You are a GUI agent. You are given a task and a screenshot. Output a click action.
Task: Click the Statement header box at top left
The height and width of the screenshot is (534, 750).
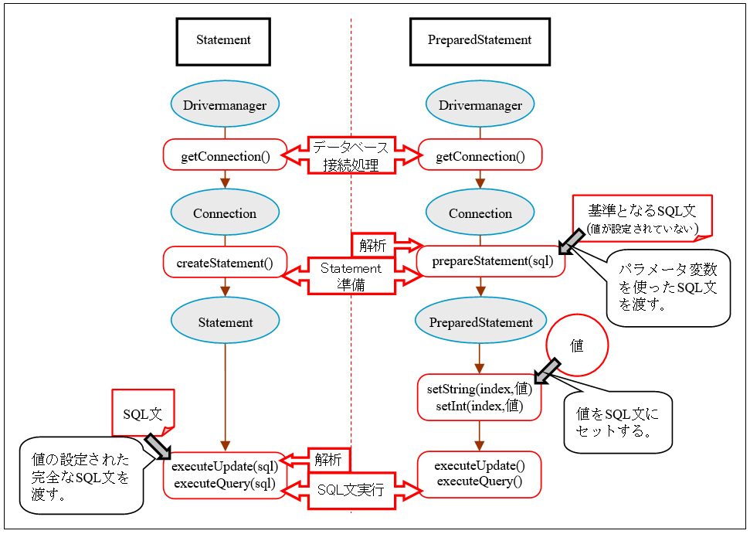[223, 40]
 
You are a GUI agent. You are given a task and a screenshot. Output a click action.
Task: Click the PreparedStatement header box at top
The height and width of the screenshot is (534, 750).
[480, 40]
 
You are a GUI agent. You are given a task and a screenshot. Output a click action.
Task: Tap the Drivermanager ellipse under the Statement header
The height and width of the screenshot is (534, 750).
[224, 105]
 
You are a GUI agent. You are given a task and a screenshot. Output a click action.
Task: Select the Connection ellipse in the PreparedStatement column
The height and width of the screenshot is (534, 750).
[480, 213]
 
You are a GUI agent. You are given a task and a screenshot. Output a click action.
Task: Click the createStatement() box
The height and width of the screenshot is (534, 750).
[225, 263]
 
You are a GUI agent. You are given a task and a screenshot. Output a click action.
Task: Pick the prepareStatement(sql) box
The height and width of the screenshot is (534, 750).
[490, 261]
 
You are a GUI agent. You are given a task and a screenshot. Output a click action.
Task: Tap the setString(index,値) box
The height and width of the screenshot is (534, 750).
[480, 396]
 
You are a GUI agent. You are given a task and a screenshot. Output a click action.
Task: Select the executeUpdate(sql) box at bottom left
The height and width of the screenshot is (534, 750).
[225, 474]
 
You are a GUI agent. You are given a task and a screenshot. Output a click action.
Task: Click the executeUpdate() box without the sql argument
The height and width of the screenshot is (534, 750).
[480, 474]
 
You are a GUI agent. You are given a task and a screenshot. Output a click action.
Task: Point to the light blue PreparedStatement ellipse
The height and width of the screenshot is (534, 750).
[480, 322]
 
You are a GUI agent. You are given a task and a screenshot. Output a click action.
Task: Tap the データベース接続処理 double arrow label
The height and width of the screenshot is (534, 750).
[351, 155]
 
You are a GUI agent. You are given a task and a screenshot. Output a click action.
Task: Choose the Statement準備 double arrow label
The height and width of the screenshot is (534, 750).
[351, 276]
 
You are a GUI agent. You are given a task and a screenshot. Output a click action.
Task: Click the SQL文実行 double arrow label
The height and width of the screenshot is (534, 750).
[351, 490]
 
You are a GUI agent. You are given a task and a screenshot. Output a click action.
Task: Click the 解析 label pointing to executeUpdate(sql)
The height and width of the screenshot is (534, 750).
[327, 459]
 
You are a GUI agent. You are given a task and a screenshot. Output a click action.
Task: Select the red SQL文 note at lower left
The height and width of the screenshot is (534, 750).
[143, 413]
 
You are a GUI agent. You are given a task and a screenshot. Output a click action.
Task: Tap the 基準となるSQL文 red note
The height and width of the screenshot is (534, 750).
[643, 216]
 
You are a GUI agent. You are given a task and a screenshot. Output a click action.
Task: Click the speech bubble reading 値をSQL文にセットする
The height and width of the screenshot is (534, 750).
[617, 422]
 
